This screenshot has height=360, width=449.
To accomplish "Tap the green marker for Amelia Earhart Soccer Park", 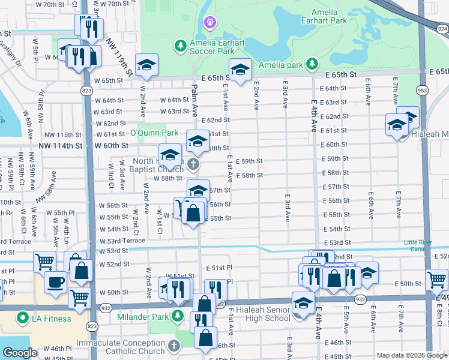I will point(180,46).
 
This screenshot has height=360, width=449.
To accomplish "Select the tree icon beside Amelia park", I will point(312,64).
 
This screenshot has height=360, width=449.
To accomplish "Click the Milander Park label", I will point(144,316).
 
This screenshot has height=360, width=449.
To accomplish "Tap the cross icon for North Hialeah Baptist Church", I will point(193,164).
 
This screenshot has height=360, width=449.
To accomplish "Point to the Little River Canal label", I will point(418,245).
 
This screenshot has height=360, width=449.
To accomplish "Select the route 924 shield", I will point(442,28).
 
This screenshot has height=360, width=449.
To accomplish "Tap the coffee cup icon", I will point(55,281).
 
